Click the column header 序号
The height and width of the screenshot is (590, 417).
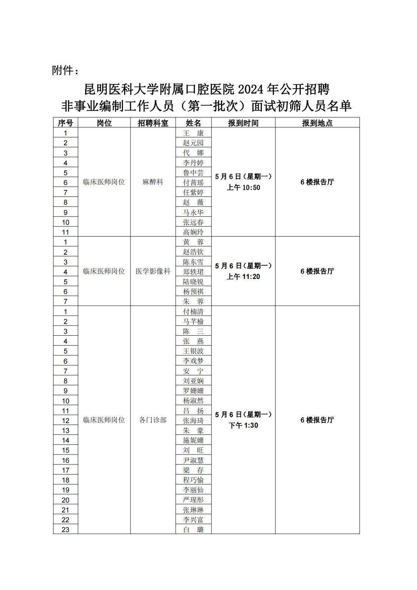point(65,123)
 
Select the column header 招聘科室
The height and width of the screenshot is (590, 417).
point(153,123)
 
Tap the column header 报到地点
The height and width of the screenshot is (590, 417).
point(317,123)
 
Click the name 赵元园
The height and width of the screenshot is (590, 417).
point(193,143)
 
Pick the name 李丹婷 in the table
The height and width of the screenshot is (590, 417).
point(193,163)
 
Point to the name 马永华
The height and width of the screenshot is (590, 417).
point(193,212)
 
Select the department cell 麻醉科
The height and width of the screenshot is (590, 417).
point(153,182)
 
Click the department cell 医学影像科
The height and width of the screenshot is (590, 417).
point(153,271)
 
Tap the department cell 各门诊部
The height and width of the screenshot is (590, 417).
point(153,420)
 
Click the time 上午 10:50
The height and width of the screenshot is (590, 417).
point(243,188)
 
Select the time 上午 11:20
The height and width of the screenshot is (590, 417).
point(243,277)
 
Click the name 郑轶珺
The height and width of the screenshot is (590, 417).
point(193,272)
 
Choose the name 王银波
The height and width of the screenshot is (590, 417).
point(193,351)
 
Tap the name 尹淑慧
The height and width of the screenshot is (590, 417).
point(193,460)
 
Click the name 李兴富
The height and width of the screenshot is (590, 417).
point(193,520)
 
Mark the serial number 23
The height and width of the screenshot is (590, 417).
point(65,530)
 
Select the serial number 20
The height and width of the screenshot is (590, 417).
point(65,500)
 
